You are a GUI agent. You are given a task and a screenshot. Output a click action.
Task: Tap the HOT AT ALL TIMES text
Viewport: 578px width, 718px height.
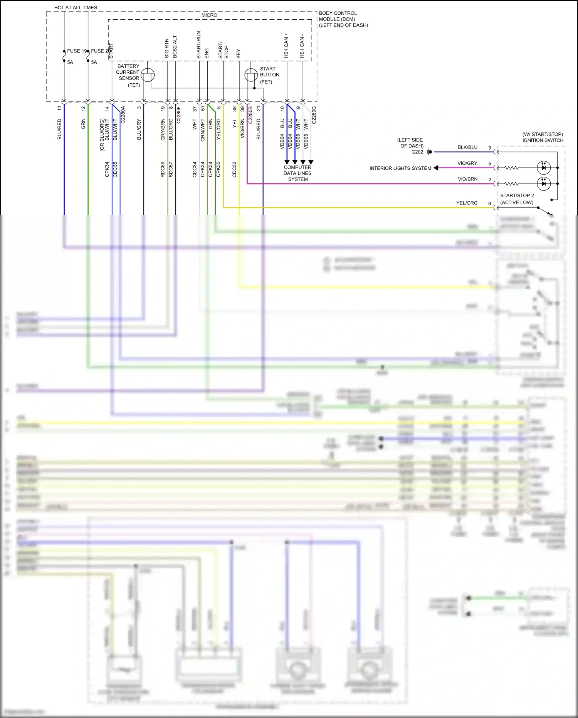pos(76,7)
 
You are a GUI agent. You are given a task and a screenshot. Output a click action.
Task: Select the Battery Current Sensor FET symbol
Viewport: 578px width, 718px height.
pos(148,75)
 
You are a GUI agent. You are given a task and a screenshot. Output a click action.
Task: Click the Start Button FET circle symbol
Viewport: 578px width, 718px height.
pos(251,75)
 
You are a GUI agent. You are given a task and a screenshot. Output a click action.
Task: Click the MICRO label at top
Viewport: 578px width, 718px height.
pos(209,15)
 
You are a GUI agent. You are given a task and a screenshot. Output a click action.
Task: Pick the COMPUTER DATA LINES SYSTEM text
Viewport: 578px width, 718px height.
pos(297,173)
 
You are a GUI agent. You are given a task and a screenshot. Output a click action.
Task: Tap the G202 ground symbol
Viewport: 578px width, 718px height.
pos(429,152)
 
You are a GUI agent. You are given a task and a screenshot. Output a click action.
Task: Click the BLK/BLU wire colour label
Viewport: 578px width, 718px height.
pos(467,147)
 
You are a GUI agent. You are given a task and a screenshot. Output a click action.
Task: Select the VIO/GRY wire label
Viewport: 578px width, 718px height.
pos(467,163)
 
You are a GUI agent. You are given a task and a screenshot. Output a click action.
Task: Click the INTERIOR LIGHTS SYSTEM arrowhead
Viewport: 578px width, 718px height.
pos(436,168)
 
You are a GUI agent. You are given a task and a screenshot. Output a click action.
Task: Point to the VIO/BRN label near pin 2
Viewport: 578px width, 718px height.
pos(467,179)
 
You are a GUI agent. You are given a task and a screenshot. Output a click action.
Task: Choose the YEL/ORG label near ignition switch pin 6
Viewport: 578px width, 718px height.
pos(467,203)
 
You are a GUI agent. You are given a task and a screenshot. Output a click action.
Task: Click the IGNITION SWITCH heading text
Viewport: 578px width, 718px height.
pos(543,140)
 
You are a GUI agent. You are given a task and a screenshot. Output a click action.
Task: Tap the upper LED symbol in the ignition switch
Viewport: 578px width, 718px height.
pos(544,167)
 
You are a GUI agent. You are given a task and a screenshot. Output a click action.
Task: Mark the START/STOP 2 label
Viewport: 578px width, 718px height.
pos(517,196)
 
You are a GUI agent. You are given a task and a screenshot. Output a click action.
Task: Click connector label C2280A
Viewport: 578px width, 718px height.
pos(123,115)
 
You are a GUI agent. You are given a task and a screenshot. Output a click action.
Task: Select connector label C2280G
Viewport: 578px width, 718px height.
pos(314,115)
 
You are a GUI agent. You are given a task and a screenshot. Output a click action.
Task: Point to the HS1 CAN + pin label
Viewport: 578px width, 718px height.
pos(286,46)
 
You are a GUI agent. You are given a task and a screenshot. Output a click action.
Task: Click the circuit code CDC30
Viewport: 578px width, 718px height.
pos(234,169)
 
